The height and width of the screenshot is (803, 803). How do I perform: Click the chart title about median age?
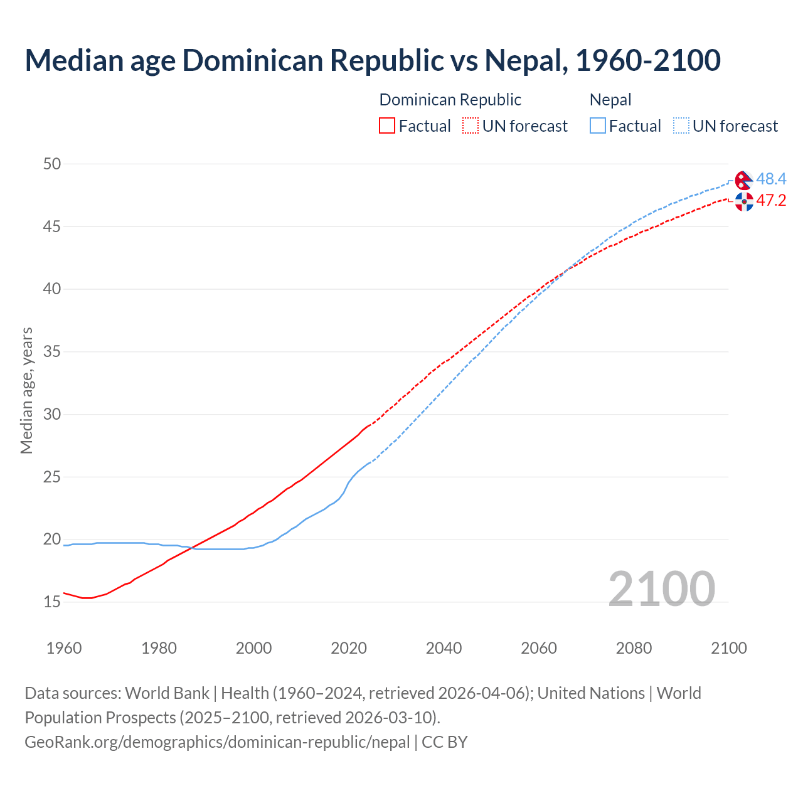373,60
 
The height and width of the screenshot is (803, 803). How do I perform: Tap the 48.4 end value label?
771,179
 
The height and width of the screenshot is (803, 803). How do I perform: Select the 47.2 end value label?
771,201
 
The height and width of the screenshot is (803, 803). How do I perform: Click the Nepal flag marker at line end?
743,180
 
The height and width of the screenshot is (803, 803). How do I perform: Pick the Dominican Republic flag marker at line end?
744,201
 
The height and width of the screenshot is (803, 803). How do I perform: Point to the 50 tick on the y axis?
52,164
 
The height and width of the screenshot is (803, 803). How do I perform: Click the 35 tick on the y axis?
52,351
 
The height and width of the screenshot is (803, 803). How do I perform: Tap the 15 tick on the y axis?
52,602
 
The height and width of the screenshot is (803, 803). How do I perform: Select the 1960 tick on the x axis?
64,648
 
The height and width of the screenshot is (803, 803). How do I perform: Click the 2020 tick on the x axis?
349,648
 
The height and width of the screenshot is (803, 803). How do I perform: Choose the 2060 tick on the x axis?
539,648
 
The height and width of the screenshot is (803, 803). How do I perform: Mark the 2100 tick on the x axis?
729,648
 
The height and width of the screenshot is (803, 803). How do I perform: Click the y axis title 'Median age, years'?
26,390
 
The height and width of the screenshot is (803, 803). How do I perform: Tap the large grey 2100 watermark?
662,588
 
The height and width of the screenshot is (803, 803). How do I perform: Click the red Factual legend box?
387,126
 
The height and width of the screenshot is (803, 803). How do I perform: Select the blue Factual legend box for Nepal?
598,126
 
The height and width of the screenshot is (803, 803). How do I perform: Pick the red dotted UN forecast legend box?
471,126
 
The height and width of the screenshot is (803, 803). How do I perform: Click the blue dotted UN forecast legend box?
681,126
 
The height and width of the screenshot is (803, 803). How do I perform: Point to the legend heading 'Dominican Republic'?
450,100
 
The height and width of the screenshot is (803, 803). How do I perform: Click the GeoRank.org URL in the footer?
217,742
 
